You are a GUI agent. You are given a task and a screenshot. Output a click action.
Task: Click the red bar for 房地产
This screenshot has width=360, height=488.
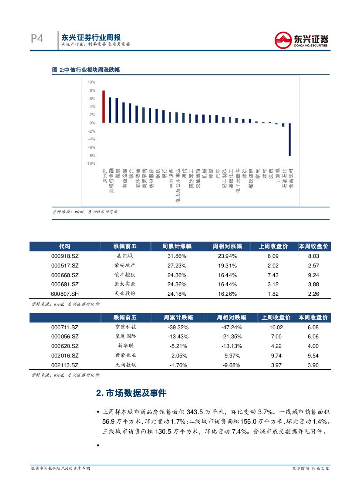coord(104,107)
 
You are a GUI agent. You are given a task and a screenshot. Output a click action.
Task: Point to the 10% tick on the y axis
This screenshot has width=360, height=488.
coord(91,82)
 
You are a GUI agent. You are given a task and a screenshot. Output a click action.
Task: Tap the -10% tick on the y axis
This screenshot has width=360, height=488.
coord(90,164)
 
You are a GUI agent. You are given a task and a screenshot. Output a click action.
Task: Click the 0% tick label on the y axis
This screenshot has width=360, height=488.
coord(92,123)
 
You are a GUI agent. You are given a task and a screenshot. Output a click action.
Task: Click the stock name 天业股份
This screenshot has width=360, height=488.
coord(124,294)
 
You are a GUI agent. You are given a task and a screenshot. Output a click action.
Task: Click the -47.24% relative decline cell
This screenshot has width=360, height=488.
coord(229,328)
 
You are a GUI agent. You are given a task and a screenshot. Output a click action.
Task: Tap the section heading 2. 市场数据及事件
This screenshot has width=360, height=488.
coord(131,393)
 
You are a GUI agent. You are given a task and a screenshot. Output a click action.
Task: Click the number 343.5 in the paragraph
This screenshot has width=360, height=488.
coord(196,411)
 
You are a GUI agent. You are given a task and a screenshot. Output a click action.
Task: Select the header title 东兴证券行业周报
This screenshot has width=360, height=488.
coord(91,37)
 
